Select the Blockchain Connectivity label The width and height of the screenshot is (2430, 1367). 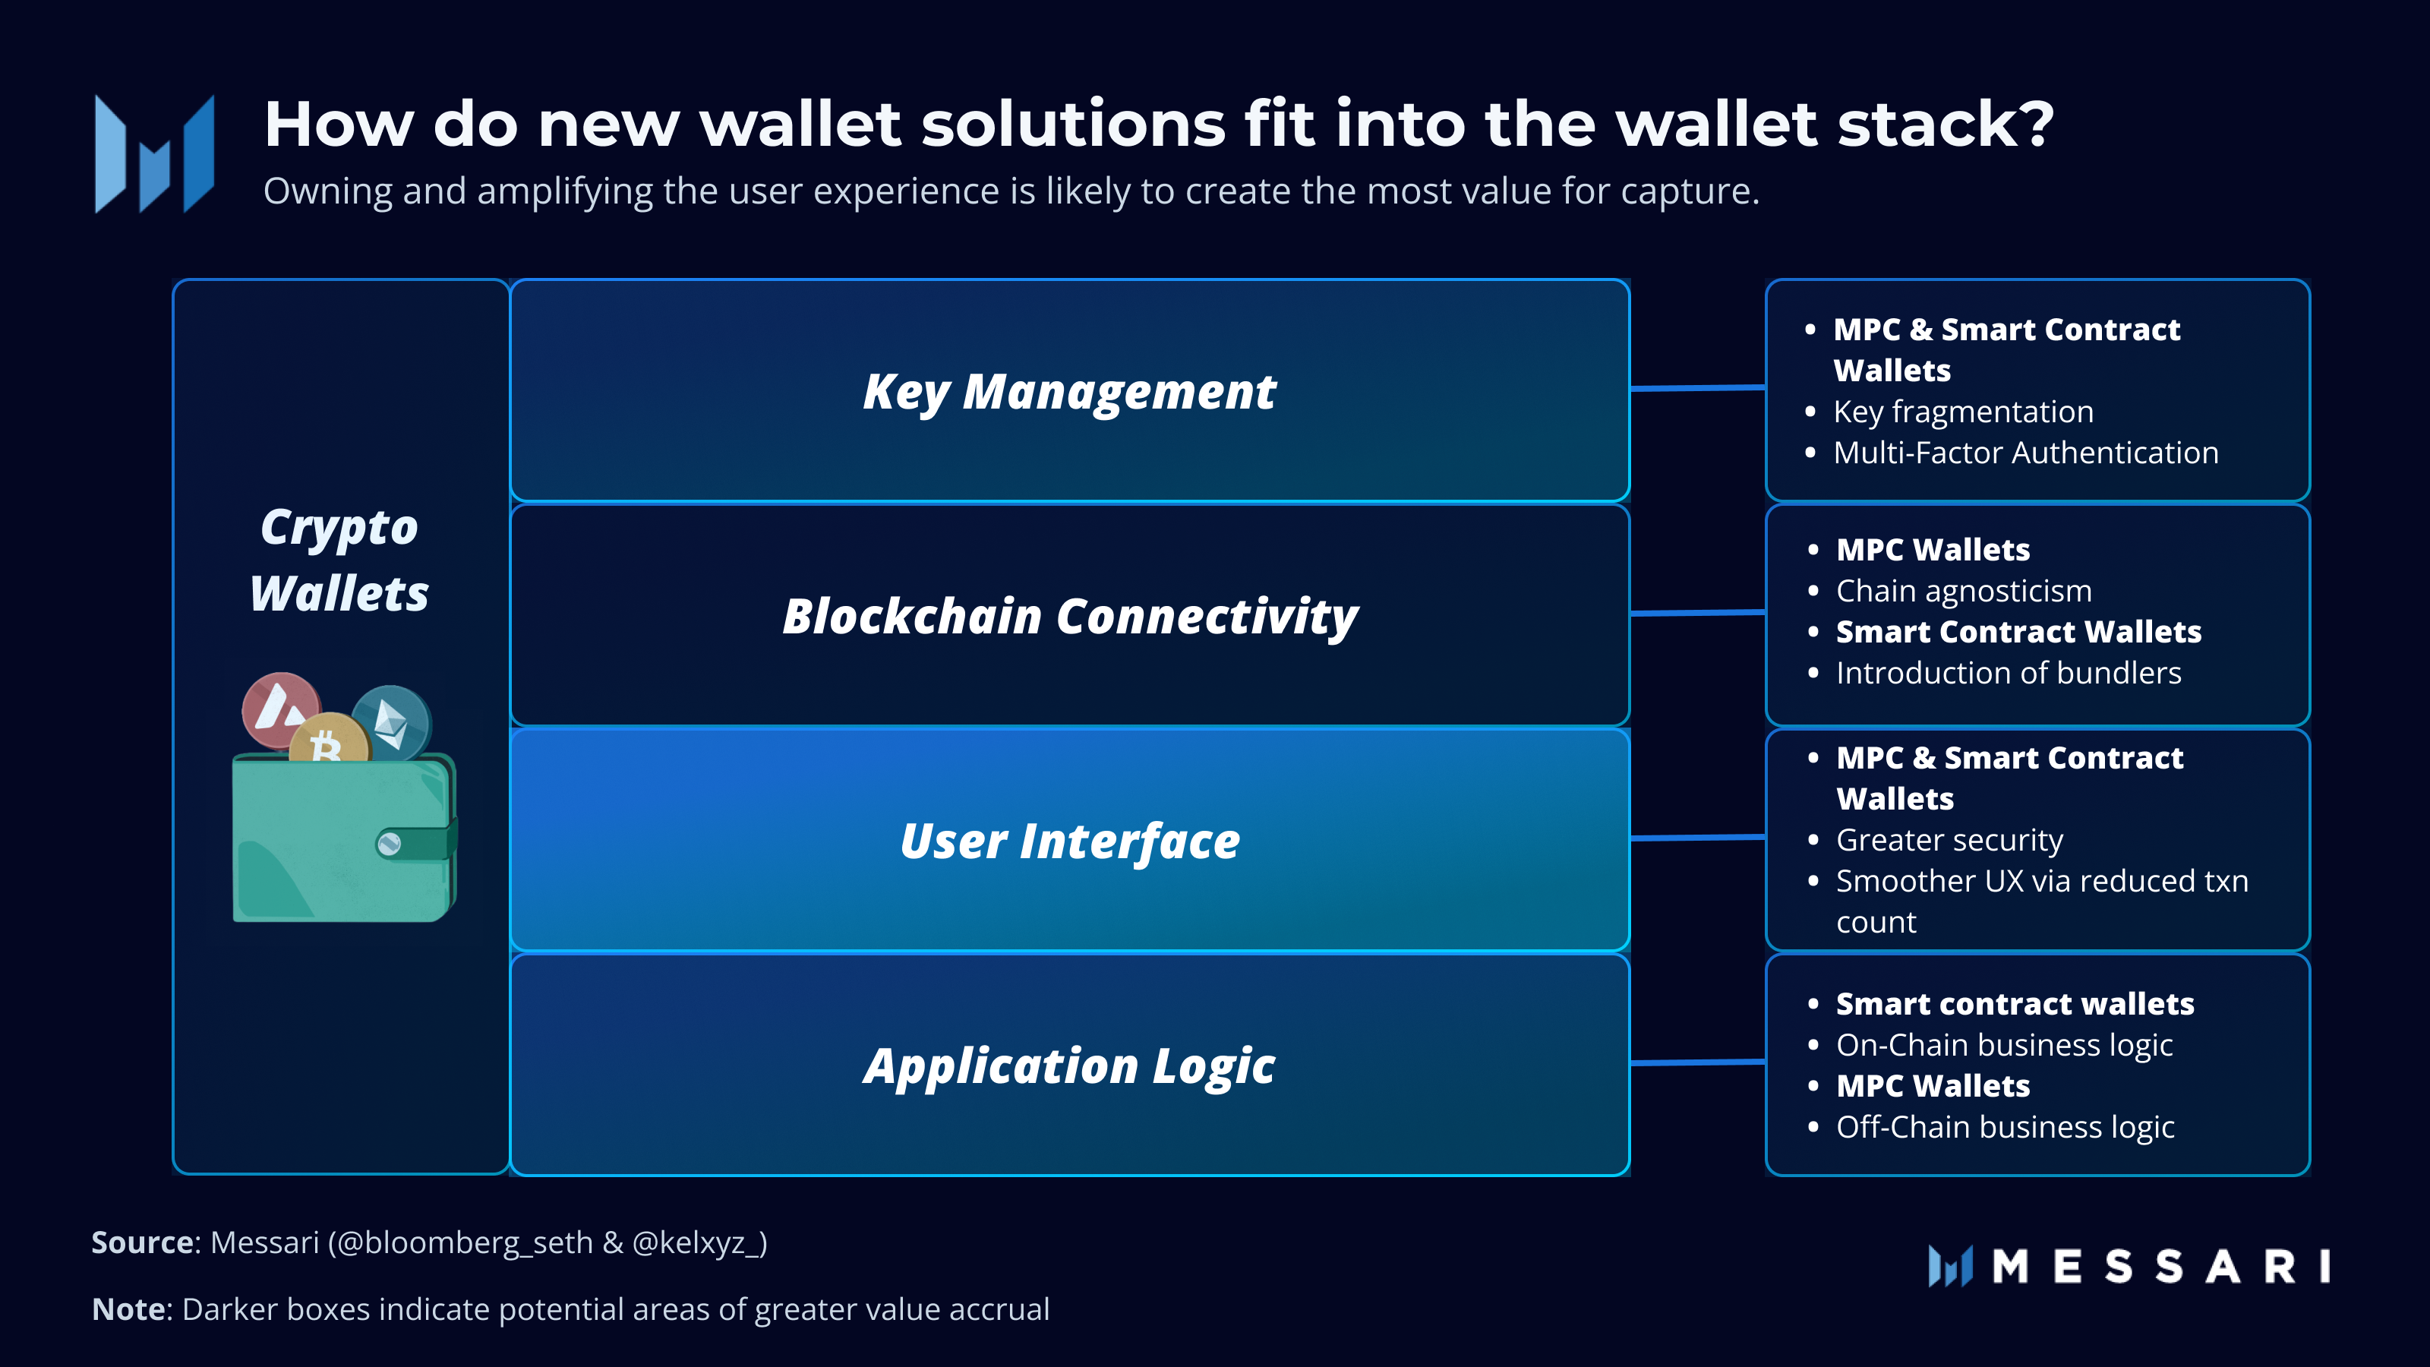point(1070,616)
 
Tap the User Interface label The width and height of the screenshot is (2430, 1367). point(1070,841)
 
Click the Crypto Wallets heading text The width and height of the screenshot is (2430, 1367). point(339,560)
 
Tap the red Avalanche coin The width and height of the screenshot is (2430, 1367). point(279,709)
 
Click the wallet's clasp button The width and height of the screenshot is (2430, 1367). point(389,844)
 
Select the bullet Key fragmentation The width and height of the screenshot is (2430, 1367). point(1962,412)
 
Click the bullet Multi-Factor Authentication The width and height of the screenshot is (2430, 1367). point(2025,453)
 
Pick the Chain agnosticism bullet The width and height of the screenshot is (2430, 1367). point(1963,592)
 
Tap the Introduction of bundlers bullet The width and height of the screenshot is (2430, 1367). point(2009,674)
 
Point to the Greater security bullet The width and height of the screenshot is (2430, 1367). point(1949,840)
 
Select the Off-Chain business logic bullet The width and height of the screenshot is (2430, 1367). point(2005,1127)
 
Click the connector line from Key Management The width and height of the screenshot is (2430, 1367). point(1697,388)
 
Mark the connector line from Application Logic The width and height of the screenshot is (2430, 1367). point(1697,1063)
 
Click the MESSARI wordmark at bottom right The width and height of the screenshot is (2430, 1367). point(2160,1266)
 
